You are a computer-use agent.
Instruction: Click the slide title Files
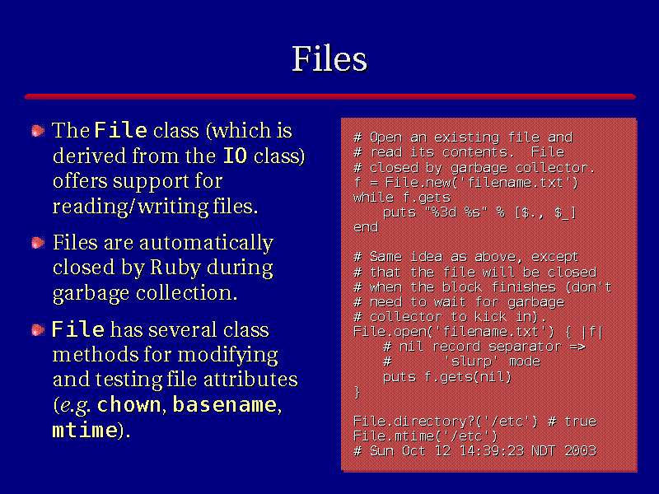(329, 58)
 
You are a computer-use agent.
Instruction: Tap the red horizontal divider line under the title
(330, 96)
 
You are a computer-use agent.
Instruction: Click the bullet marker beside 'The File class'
(38, 131)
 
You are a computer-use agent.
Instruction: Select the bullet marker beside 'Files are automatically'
(38, 243)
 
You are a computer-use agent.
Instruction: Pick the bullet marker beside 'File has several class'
(38, 330)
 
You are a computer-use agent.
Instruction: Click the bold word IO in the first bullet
(235, 156)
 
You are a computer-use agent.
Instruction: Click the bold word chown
(129, 405)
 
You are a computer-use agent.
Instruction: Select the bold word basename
(225, 405)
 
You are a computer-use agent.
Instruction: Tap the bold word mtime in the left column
(85, 430)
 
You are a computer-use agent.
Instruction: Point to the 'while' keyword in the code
(373, 198)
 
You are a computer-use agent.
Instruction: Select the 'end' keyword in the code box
(366, 227)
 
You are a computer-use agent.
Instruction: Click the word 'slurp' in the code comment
(471, 361)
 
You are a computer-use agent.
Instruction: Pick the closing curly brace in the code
(358, 392)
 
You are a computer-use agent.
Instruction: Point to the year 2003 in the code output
(581, 451)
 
